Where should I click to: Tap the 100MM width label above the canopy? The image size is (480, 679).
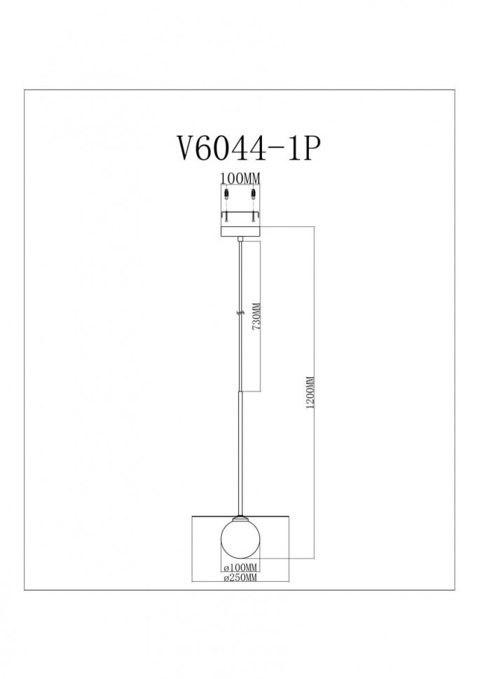pyautogui.click(x=240, y=178)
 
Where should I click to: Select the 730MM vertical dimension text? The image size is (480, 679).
pyautogui.click(x=256, y=321)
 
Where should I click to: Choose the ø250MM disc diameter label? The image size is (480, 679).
pyautogui.click(x=240, y=578)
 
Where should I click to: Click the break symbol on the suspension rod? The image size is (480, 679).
pyautogui.click(x=240, y=315)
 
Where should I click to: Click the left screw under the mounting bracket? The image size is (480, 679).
pyautogui.click(x=226, y=218)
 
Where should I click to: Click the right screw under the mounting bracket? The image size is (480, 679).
pyautogui.click(x=253, y=218)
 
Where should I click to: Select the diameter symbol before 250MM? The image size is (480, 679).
pyautogui.click(x=224, y=578)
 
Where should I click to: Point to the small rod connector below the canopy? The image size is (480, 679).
pyautogui.click(x=240, y=241)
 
